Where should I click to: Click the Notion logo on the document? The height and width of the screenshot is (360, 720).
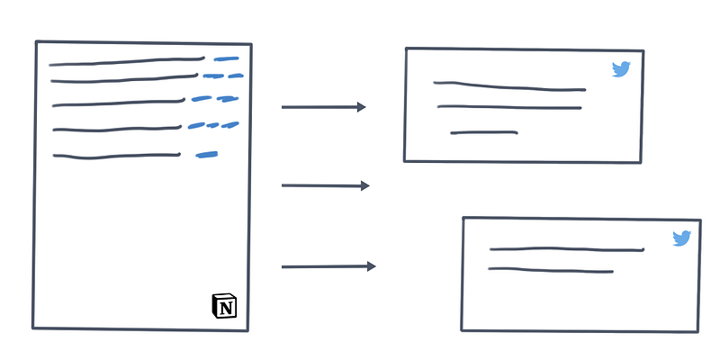click(225, 306)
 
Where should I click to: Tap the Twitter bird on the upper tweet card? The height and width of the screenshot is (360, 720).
click(621, 69)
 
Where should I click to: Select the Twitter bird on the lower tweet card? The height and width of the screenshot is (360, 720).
click(682, 238)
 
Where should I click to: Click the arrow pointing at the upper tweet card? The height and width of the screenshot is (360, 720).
click(324, 107)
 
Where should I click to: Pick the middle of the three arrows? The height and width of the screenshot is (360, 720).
click(325, 185)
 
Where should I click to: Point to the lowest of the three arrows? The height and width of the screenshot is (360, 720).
click(328, 266)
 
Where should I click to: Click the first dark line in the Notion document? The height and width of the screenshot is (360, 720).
click(127, 62)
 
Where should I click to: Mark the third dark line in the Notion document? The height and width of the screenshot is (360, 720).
click(118, 103)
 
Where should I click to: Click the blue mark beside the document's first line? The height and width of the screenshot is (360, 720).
click(227, 59)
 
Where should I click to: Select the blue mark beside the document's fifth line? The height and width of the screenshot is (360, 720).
click(207, 155)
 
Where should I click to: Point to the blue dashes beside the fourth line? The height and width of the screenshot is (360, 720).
click(213, 125)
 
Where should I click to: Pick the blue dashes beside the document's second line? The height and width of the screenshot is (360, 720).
click(223, 76)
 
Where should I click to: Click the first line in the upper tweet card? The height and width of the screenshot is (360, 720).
click(509, 86)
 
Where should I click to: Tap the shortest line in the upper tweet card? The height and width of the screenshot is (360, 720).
click(483, 133)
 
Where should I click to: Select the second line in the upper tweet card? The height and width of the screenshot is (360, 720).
click(509, 108)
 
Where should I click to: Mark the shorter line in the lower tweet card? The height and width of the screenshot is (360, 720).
click(551, 270)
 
